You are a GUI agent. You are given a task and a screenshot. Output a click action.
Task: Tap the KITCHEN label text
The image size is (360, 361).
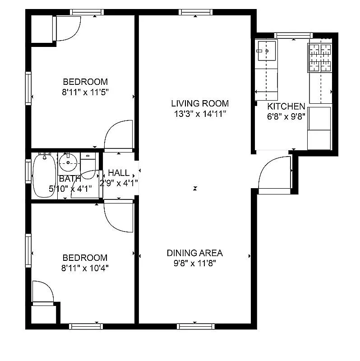tap(286, 106)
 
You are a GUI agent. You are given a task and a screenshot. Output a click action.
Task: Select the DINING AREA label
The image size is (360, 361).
tap(195, 253)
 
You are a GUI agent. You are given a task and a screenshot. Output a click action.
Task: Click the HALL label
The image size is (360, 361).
tap(119, 173)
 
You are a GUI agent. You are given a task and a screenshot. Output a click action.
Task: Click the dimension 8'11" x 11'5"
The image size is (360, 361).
tap(85, 92)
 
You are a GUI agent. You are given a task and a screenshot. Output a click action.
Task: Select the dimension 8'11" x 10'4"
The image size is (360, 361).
tap(85, 268)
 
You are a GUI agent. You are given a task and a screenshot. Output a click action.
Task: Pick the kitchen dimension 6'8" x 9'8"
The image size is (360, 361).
tap(286, 116)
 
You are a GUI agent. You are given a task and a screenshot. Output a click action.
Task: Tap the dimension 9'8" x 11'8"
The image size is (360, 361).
tap(195, 263)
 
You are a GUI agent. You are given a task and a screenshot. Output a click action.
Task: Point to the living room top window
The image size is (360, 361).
tap(194, 12)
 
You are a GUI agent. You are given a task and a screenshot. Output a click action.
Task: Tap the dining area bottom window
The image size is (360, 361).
tap(194, 326)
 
